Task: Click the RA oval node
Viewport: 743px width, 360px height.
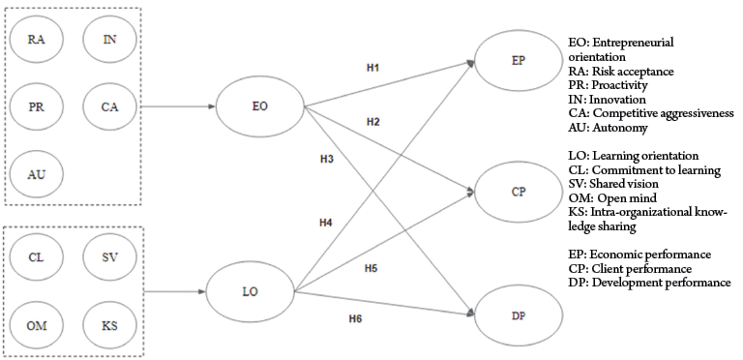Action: tap(36, 40)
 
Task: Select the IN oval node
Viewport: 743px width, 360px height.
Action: tap(109, 40)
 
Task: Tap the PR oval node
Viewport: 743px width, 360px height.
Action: tap(36, 107)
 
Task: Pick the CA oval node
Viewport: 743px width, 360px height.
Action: tap(109, 107)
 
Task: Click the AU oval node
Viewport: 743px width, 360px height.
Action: tap(36, 175)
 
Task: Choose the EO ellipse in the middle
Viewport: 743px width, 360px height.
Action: tap(260, 106)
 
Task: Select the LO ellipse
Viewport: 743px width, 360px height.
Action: tap(251, 292)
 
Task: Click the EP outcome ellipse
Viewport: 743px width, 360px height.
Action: tap(519, 61)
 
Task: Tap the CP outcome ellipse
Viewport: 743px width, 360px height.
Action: tap(519, 192)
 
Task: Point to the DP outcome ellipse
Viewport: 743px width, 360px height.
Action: tap(519, 315)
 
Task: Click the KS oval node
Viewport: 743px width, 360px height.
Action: tap(109, 325)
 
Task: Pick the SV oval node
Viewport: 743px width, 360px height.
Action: tap(109, 257)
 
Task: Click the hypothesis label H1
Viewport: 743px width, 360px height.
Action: tap(372, 68)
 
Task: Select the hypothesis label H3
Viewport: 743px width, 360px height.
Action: tap(326, 159)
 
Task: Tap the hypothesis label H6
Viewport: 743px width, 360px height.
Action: tap(355, 318)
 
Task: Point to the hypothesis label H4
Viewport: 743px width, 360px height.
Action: tap(325, 223)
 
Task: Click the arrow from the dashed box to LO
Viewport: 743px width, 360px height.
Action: tap(174, 292)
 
